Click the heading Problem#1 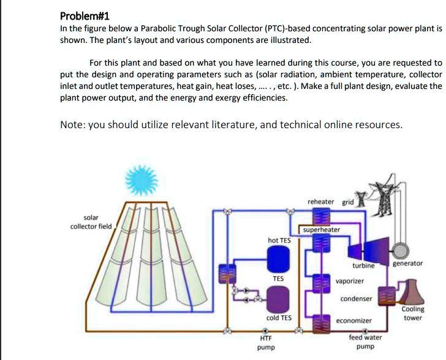point(85,16)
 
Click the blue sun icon point(142,179)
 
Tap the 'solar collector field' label point(97,222)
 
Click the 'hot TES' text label point(279,240)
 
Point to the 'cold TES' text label point(279,318)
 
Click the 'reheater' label point(321,202)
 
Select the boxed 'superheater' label point(322,229)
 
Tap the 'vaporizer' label point(350,280)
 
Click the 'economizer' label point(354,320)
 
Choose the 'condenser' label point(356,299)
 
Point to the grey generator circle point(402,250)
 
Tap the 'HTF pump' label point(266,342)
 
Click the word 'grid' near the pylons point(348,202)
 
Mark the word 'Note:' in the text point(74,125)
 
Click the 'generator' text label point(407,263)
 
